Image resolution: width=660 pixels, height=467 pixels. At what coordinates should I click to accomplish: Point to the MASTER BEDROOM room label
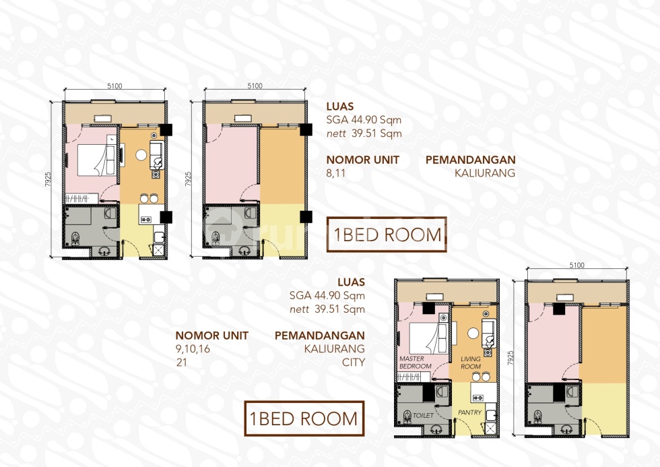(411, 363)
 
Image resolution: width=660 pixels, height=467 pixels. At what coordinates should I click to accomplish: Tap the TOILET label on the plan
(424, 416)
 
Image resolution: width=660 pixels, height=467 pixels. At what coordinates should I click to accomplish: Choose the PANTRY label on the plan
(469, 412)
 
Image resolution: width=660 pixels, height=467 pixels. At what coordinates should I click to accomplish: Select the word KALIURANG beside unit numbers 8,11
(485, 173)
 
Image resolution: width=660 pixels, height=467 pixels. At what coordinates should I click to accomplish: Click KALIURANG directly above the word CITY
(334, 348)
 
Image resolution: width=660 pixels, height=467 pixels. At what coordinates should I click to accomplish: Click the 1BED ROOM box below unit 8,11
(387, 235)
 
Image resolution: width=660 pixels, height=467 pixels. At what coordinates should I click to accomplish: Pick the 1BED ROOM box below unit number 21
(304, 418)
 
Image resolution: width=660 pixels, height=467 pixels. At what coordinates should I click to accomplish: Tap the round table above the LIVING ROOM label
(473, 333)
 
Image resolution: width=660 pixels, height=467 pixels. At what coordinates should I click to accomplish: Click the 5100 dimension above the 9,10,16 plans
(576, 266)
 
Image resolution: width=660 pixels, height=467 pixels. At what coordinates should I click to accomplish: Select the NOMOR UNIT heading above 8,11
(363, 160)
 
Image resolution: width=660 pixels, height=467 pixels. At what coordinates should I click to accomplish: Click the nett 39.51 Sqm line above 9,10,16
(327, 309)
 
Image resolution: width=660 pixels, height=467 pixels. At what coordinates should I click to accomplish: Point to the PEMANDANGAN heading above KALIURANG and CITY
(320, 335)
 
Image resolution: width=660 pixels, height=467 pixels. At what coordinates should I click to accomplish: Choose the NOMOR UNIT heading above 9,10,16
(211, 335)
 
